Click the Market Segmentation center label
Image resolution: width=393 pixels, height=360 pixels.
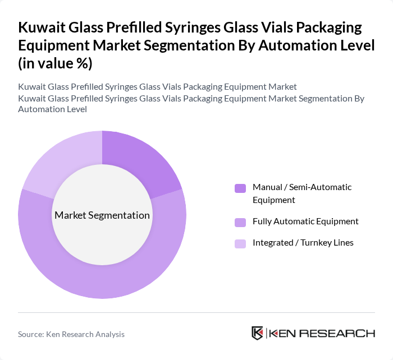point(102,215)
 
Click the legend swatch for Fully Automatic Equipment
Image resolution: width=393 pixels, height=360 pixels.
point(240,221)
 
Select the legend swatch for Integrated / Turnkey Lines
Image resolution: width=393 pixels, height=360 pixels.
point(240,243)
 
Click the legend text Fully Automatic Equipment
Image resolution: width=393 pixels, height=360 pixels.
point(305,221)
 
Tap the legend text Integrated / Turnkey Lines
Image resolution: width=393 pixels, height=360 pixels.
point(303,242)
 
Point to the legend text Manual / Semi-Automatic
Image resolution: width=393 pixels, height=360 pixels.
point(302,187)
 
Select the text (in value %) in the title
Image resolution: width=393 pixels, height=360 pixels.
point(55,63)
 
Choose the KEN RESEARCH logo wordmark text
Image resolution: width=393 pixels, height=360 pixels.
point(322,333)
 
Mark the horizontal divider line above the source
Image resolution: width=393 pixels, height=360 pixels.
point(196,313)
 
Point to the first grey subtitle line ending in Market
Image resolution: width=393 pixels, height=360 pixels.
point(157,86)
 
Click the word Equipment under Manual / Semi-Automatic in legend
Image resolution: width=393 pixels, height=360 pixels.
point(274,200)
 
